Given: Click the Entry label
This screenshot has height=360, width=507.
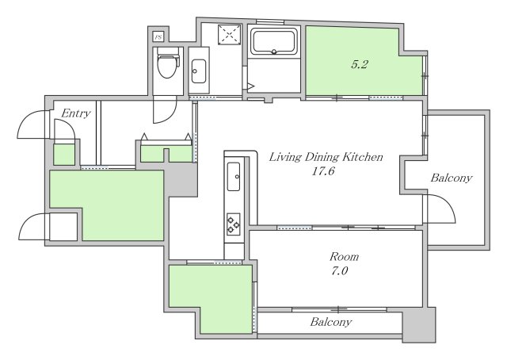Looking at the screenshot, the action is point(76,113).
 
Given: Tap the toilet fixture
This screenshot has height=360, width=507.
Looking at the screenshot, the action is point(168,63).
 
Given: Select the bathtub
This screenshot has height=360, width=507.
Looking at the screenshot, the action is point(274,41).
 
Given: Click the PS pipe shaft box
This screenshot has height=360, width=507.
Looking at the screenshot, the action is point(158,37).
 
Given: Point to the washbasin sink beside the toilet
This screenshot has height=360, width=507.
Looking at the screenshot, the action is point(199,71).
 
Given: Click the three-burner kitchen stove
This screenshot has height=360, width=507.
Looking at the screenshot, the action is point(233,224).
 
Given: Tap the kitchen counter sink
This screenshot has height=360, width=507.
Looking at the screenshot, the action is point(234,177).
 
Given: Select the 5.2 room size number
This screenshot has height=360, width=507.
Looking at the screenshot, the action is point(360,64).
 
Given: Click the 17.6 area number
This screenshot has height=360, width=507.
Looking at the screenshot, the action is point(322,171).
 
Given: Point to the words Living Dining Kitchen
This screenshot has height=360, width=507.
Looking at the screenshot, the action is point(326,157).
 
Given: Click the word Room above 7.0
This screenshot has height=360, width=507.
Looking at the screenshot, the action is point(344,257).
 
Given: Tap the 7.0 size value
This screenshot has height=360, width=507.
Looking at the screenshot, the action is point(339,270).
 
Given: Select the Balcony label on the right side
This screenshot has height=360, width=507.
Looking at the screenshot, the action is point(451,178).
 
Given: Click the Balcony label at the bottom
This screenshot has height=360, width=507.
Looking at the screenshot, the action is point(330,322).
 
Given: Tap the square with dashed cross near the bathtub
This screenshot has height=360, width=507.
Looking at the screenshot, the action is point(230,34).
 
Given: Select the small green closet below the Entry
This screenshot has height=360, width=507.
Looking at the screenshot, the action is point(64,155).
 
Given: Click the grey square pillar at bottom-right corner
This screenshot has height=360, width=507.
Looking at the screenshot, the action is point(419,324).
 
